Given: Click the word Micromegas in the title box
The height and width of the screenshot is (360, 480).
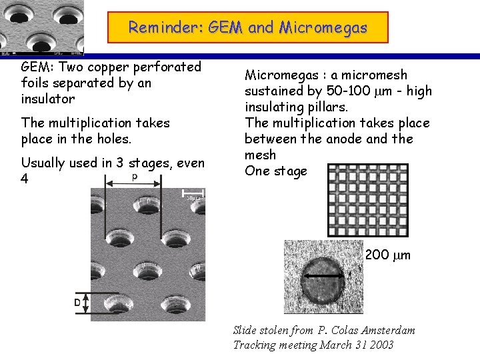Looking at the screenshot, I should pyautogui.click(x=323, y=27).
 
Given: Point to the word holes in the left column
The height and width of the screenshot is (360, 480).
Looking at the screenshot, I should pyautogui.click(x=113, y=139).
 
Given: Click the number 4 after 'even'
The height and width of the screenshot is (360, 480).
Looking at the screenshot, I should pyautogui.click(x=25, y=179).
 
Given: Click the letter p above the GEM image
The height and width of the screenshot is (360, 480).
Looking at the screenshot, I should pyautogui.click(x=135, y=177).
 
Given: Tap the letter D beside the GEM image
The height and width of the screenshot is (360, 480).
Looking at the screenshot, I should pyautogui.click(x=77, y=302).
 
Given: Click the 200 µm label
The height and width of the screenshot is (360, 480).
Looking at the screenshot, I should pyautogui.click(x=388, y=255).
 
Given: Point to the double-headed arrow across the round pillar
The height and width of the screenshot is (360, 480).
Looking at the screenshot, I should pyautogui.click(x=324, y=276).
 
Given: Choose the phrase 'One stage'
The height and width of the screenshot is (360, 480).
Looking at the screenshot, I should pyautogui.click(x=275, y=171).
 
